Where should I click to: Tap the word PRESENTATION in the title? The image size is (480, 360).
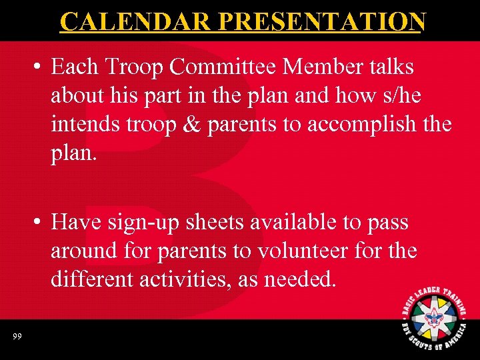pyautogui.click(x=321, y=21)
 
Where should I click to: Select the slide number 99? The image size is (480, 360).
pyautogui.click(x=17, y=337)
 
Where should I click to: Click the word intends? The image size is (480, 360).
pyautogui.click(x=82, y=125)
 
